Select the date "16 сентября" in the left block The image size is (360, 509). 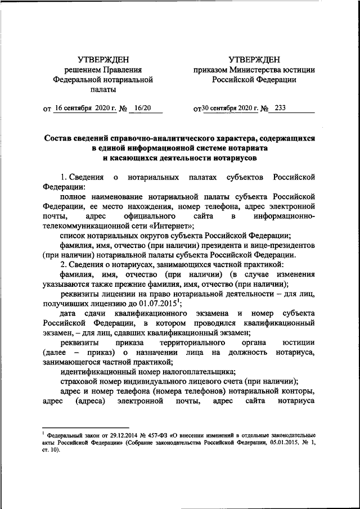tap(76, 109)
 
